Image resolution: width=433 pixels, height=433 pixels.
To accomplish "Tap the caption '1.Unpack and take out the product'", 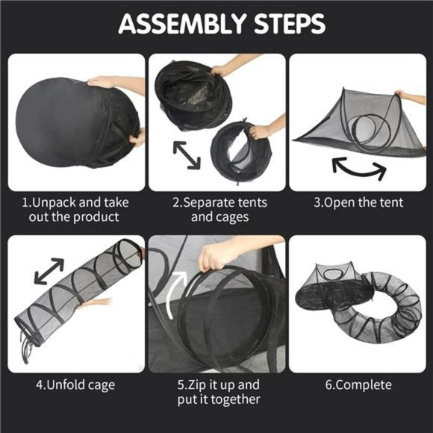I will click(x=76, y=209).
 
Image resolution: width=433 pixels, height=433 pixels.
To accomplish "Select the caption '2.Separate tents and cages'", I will click(x=217, y=209).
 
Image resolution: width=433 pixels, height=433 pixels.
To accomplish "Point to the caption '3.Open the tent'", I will click(x=358, y=202).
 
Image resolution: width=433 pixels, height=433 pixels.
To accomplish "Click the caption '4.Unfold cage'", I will click(x=76, y=385).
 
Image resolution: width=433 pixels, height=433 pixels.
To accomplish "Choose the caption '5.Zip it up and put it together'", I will click(x=217, y=392).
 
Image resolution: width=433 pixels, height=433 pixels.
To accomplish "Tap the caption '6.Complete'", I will click(x=358, y=385).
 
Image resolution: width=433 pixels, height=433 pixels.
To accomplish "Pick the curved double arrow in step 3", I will click(x=359, y=168).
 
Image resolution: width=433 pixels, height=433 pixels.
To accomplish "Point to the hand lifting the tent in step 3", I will click(x=411, y=97).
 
